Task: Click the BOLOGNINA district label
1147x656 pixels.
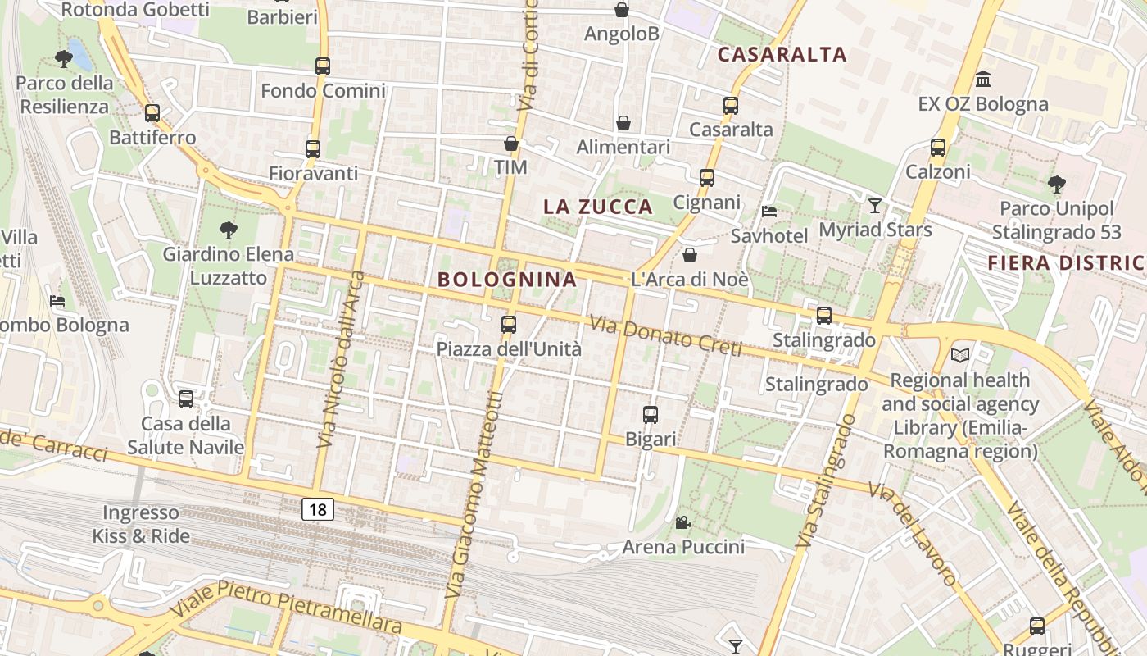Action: click(x=507, y=280)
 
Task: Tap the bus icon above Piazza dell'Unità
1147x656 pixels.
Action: click(x=509, y=325)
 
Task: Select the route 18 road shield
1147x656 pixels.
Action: click(x=318, y=510)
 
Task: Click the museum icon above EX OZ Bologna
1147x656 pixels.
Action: click(x=983, y=80)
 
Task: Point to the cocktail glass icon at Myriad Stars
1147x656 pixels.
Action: click(x=875, y=205)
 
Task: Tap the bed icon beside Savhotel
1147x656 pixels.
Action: click(x=769, y=212)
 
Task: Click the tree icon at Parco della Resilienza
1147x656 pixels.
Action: click(x=63, y=59)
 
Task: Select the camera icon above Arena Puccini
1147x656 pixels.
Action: click(x=682, y=522)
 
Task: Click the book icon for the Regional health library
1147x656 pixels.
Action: click(x=959, y=356)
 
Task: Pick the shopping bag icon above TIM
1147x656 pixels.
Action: click(x=511, y=144)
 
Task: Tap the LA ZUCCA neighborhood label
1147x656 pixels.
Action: click(x=598, y=207)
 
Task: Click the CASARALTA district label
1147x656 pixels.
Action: click(x=782, y=55)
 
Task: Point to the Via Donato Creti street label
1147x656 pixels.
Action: click(x=665, y=337)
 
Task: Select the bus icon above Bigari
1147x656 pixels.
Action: click(x=651, y=415)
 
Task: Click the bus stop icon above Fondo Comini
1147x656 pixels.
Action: click(x=323, y=66)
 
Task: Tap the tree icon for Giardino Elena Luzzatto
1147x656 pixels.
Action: click(x=228, y=230)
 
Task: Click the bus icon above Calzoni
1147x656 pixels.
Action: click(x=938, y=148)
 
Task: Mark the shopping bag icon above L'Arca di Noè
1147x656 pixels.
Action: click(x=690, y=255)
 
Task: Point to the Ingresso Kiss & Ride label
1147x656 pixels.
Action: click(x=141, y=525)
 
